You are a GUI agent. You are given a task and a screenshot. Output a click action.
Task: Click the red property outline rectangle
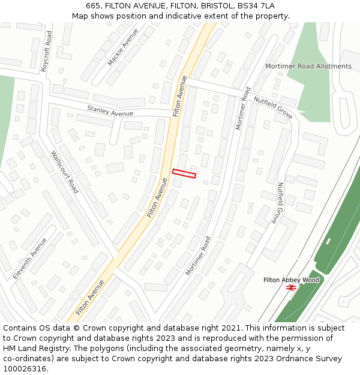click(x=184, y=173)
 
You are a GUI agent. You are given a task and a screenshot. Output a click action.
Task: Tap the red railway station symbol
click(x=291, y=288)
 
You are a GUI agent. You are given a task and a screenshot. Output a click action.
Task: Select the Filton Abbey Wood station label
click(x=291, y=280)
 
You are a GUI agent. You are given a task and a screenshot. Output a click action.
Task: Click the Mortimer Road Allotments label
click(x=308, y=66)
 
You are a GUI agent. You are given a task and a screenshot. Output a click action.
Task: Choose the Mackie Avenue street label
click(x=122, y=47)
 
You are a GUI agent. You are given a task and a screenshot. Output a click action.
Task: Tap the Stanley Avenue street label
click(x=110, y=111)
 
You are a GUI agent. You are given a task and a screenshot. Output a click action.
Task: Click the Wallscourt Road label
click(x=65, y=172)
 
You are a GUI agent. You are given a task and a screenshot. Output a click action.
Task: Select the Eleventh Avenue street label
click(x=30, y=258)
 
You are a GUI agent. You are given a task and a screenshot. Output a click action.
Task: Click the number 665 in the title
click(x=93, y=5)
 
